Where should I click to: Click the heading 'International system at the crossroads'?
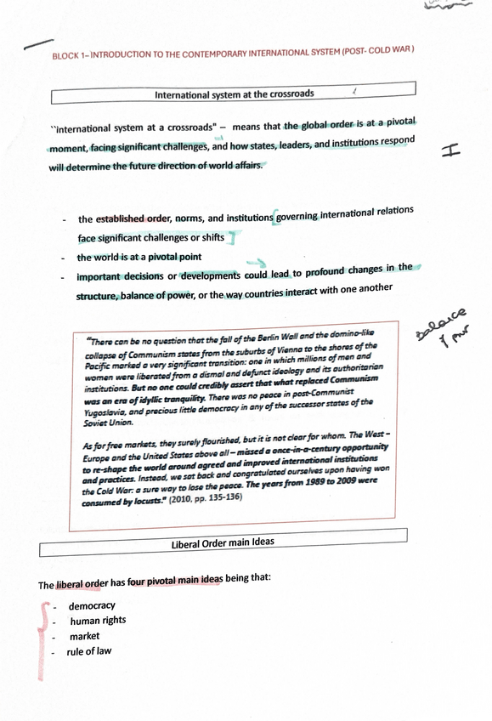point(235,94)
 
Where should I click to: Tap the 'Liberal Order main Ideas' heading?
point(223,542)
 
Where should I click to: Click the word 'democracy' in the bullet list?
point(92,606)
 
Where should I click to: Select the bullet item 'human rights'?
point(98,621)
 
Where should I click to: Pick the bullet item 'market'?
point(84,636)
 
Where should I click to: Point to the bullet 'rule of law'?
point(90,651)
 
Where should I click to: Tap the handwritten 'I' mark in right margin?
point(452,150)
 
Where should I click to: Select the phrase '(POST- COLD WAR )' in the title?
point(378,51)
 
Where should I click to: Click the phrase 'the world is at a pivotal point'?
point(139,257)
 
